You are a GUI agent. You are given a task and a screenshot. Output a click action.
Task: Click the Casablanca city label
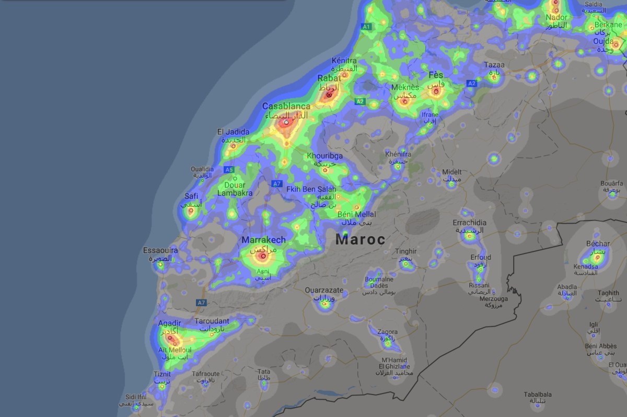click(286, 106)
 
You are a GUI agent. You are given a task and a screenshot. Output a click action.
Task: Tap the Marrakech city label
click(263, 240)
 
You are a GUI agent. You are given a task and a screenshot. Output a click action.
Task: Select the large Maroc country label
click(361, 240)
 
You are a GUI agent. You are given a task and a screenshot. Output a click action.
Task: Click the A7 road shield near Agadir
click(202, 303)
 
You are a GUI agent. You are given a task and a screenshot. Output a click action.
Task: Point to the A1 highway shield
click(366, 26)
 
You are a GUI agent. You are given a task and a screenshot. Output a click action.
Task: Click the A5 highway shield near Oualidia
click(228, 170)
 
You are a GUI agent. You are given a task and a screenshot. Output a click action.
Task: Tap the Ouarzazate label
click(324, 290)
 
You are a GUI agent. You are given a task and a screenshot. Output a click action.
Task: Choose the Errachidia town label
click(469, 223)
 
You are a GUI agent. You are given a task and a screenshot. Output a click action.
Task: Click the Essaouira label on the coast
click(160, 251)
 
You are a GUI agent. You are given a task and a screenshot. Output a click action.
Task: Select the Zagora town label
click(387, 332)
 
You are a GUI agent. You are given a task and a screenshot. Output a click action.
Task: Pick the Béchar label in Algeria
click(598, 244)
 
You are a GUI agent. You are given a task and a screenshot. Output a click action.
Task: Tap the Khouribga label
click(324, 156)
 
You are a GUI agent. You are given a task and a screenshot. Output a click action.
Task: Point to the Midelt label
click(452, 172)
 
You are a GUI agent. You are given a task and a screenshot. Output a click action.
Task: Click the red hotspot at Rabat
click(329, 95)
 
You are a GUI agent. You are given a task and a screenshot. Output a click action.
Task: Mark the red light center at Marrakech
click(263, 256)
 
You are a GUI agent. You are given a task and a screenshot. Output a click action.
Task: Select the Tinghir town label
click(406, 251)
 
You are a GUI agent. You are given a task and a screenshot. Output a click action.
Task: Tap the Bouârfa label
click(611, 183)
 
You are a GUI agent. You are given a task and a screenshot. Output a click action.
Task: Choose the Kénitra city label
click(344, 61)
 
